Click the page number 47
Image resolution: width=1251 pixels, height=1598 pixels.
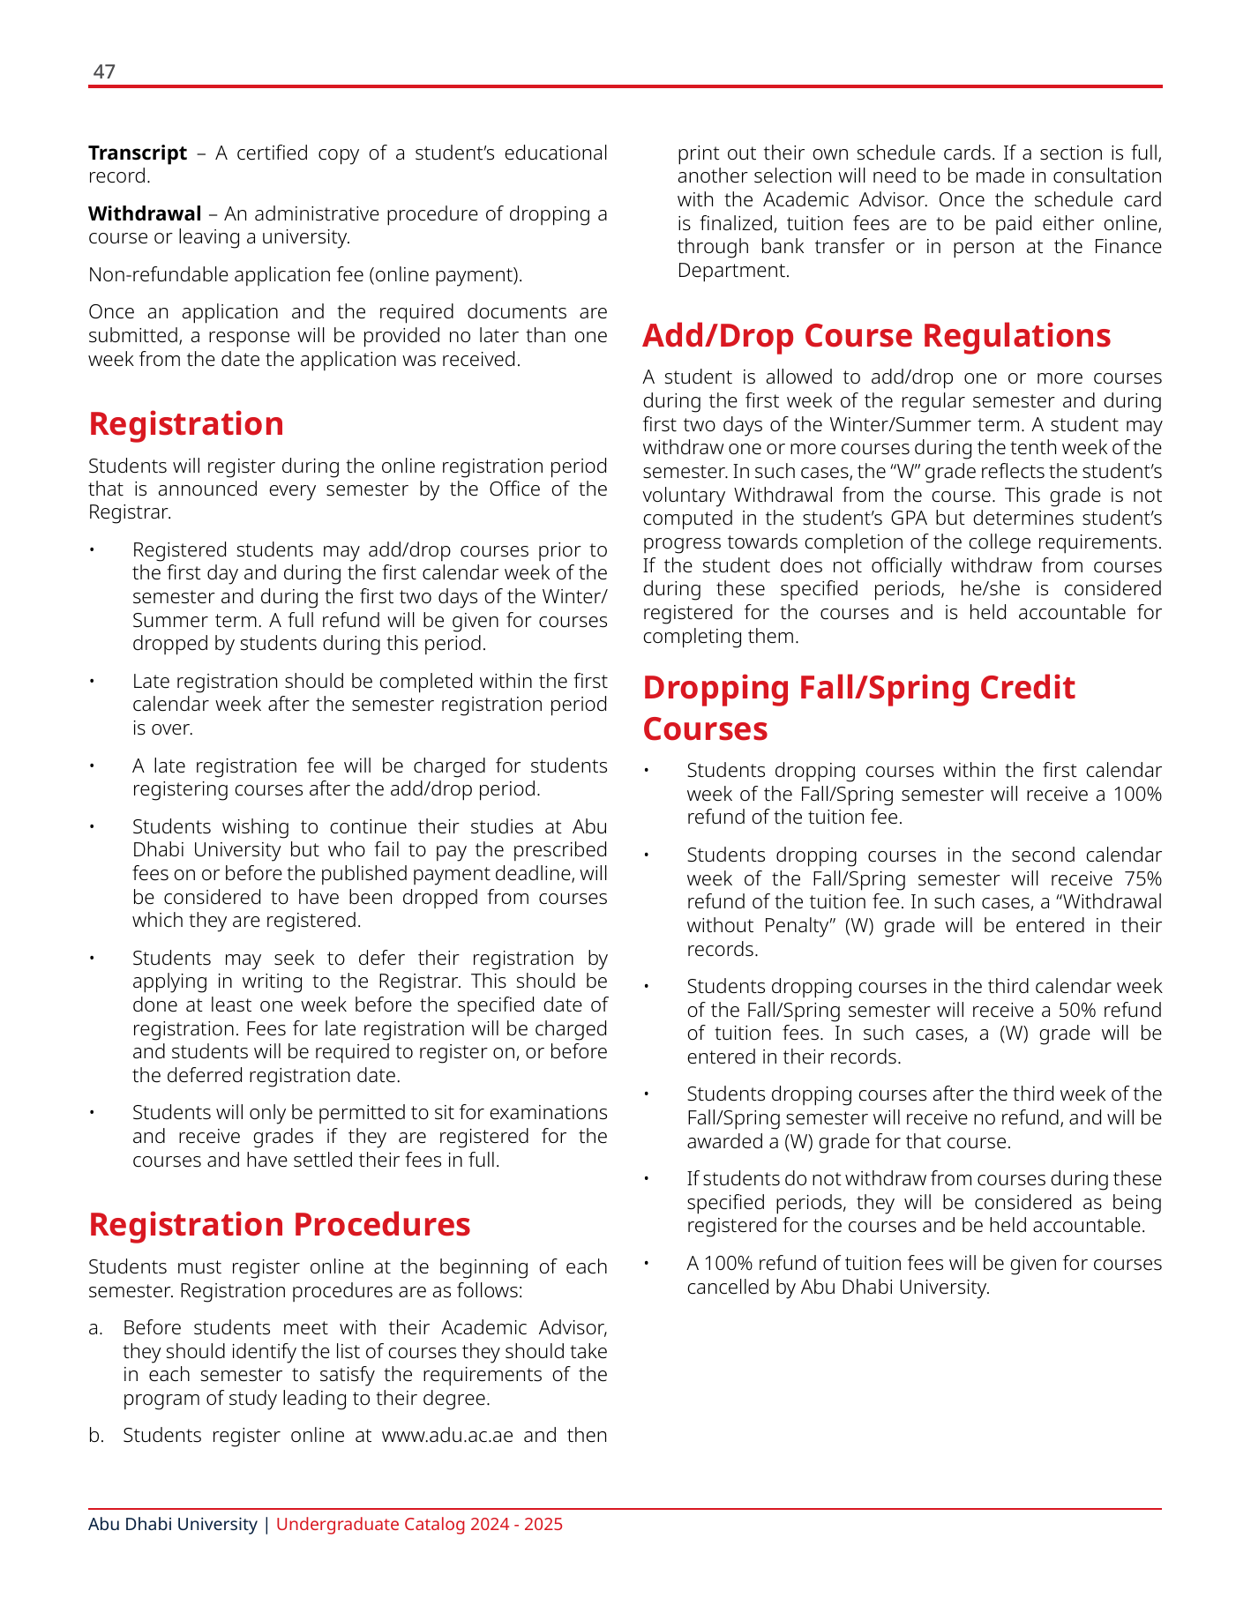104,72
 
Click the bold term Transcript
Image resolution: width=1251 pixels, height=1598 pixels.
138,153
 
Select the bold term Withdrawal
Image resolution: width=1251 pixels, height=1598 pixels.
145,214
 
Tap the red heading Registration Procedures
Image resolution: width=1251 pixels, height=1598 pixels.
280,1225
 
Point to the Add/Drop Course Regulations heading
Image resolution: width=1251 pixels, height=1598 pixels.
876,336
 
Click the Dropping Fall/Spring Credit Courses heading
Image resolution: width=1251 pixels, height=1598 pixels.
858,708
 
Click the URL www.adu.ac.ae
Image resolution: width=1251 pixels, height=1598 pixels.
447,1436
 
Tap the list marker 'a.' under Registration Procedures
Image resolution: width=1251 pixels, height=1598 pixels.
96,1329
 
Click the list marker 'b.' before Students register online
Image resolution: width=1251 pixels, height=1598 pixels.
96,1436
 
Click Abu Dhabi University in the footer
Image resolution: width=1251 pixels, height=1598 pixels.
173,1525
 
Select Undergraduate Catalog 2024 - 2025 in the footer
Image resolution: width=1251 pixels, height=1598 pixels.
419,1525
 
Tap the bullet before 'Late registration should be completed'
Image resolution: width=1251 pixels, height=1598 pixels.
91,682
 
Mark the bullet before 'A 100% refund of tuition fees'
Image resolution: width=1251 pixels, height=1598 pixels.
646,1264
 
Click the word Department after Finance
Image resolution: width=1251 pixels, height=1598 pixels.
732,271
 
